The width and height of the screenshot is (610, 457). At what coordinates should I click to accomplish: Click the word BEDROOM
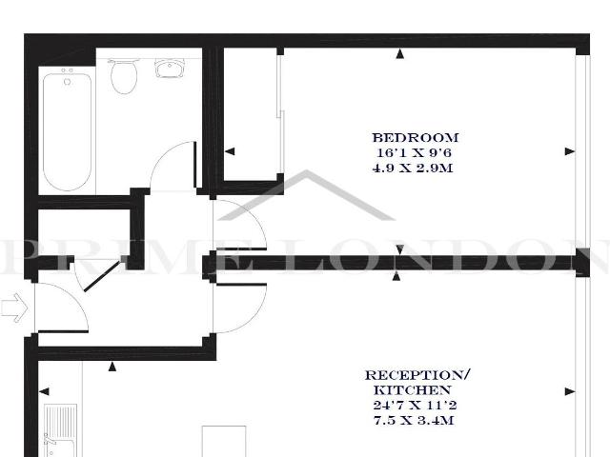(415, 137)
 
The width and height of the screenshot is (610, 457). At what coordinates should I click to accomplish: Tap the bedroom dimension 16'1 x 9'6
(415, 152)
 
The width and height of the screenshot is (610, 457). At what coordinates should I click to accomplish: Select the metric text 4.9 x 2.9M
(415, 168)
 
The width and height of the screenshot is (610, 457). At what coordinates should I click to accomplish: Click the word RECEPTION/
(417, 376)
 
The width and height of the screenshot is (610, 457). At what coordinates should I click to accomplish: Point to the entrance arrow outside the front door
(14, 307)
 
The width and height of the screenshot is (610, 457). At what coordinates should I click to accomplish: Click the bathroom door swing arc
(172, 167)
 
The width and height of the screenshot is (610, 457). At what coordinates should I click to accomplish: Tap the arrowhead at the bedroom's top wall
(399, 53)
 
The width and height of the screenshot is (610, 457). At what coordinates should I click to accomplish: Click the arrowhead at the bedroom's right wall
(570, 150)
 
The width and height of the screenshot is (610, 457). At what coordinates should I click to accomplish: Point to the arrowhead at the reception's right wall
(570, 392)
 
